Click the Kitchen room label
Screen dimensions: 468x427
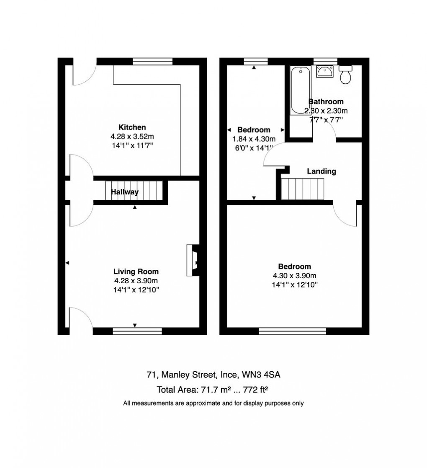click(x=132, y=127)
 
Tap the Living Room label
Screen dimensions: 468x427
click(x=136, y=271)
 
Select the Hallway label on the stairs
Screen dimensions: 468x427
click(x=125, y=192)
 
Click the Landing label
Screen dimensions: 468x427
click(x=322, y=171)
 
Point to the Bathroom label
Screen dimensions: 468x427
click(x=326, y=101)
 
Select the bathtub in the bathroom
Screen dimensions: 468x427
click(x=300, y=90)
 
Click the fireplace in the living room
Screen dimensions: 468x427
click(x=194, y=260)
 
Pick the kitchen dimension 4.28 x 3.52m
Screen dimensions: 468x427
click(x=132, y=136)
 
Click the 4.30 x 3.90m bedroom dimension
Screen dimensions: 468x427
click(x=295, y=276)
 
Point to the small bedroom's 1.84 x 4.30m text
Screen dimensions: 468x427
click(x=254, y=139)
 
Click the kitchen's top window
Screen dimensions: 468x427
click(x=153, y=62)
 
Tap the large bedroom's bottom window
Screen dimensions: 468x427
click(x=292, y=331)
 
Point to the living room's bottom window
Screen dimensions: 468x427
click(x=137, y=331)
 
